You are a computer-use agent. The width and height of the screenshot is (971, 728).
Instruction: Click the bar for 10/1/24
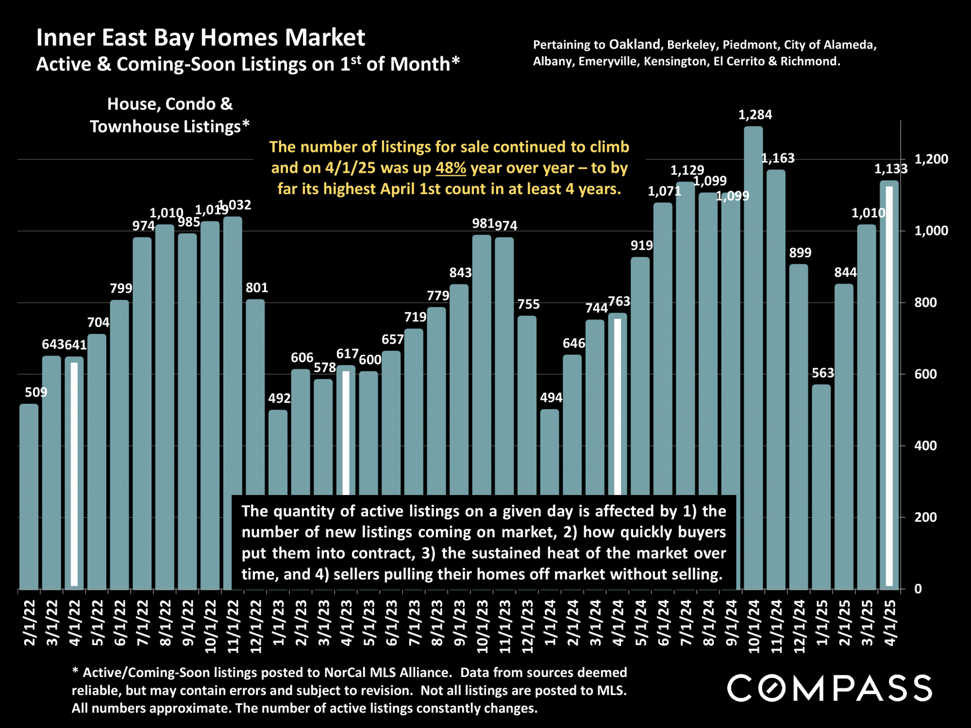tap(754, 354)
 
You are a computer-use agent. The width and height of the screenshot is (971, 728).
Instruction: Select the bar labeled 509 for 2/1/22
tap(29, 495)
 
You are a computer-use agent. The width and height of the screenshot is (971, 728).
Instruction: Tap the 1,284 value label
tap(755, 115)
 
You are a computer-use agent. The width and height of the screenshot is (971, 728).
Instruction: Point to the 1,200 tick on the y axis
tap(931, 159)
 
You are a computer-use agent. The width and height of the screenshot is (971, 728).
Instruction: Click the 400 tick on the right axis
tap(925, 446)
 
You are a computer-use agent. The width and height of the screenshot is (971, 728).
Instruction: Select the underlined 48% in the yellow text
tap(451, 168)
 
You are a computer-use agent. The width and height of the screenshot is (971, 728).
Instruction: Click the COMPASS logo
tap(829, 688)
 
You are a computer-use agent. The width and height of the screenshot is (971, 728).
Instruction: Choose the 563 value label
tap(823, 373)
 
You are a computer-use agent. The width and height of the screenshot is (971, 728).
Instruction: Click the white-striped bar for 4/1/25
tap(889, 384)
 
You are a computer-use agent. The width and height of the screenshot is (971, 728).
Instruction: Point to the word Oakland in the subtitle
tap(635, 44)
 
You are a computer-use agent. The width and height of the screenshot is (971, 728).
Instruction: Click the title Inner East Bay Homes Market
tap(200, 38)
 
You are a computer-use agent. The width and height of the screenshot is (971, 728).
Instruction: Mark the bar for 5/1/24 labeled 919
tap(640, 374)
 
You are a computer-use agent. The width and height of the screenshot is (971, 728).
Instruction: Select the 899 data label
tap(800, 253)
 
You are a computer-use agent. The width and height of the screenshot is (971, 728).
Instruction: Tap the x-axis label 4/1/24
tap(617, 623)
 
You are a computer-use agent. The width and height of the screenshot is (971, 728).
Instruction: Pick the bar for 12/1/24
tap(799, 425)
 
